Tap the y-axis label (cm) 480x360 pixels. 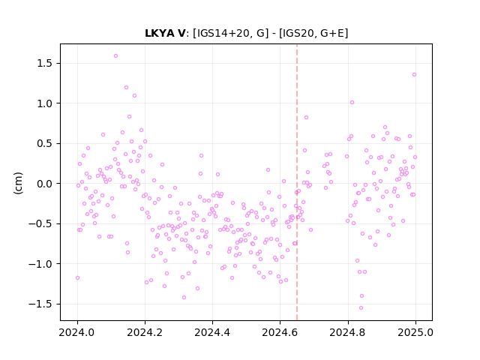click(18, 183)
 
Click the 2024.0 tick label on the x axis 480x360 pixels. click(77, 332)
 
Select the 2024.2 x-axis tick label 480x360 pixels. click(145, 332)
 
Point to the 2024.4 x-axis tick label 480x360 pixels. click(212, 332)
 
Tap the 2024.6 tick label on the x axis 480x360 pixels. click(280, 332)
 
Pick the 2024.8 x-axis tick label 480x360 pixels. click(348, 332)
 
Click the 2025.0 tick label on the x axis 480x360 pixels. click(415, 332)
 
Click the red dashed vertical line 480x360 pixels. click(297, 182)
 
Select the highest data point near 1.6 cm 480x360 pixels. click(115, 56)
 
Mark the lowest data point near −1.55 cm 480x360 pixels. click(361, 308)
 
